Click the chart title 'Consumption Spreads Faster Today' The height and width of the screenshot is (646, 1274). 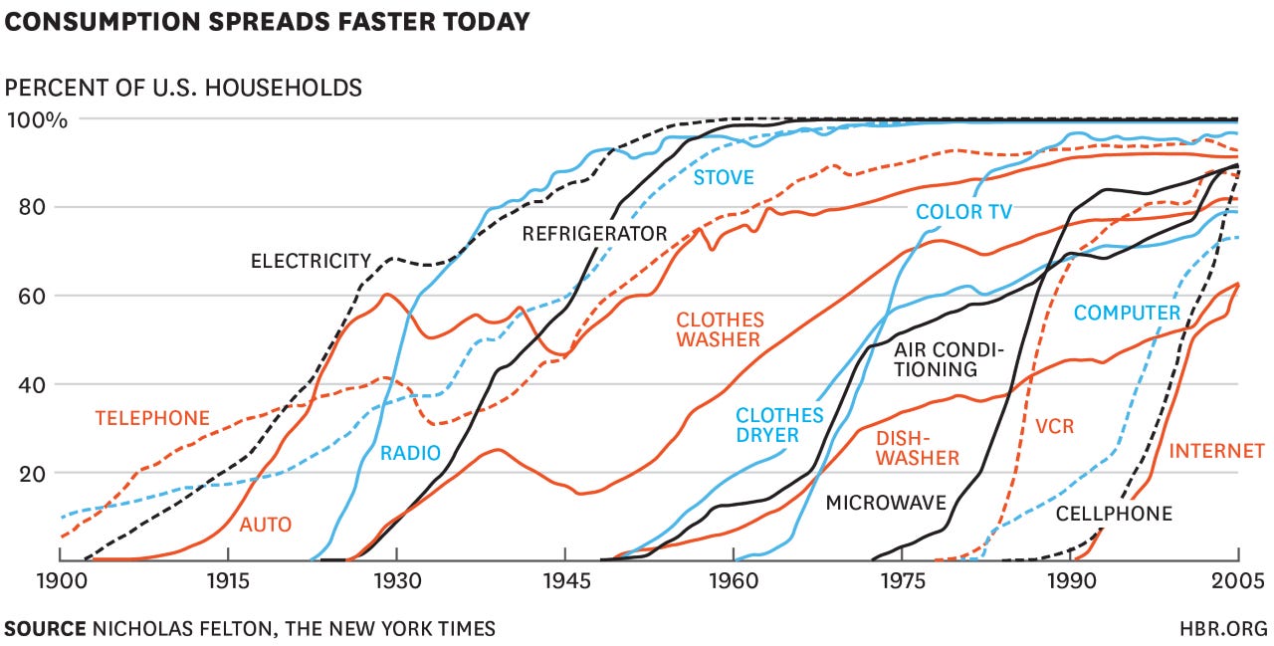(x=267, y=20)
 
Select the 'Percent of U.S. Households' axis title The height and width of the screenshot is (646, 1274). (x=183, y=88)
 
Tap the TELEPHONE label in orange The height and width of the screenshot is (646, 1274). (x=152, y=418)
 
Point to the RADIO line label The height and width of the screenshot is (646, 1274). (x=410, y=454)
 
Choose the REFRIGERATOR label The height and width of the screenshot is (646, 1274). (x=594, y=235)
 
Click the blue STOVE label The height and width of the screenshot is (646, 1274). (x=724, y=178)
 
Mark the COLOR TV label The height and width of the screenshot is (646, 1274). (x=963, y=212)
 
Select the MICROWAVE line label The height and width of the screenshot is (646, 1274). (x=886, y=503)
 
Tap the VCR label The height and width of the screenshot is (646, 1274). (x=1055, y=426)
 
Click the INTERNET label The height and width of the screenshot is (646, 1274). (x=1216, y=451)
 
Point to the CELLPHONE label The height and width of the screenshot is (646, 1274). (x=1114, y=514)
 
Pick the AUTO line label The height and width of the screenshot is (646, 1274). (x=266, y=524)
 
